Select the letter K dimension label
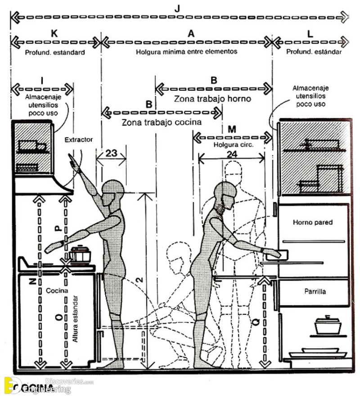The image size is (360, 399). coord(54,33)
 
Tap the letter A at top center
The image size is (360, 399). coord(190,33)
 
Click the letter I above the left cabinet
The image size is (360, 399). coord(42,81)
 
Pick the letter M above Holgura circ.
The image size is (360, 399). coord(232,130)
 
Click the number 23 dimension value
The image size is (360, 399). coord(111,153)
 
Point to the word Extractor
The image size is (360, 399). coord(78,140)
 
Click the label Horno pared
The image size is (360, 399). coord(312,222)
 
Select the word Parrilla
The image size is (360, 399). coord(315,292)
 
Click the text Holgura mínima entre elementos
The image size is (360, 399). coord(186,52)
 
